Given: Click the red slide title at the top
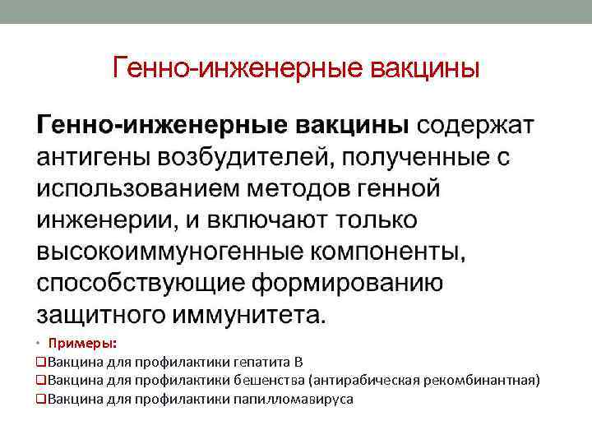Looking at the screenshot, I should coord(296,67).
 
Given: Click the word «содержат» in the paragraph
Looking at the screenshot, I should coord(476,125).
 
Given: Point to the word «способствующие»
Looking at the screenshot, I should coord(137,283).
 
